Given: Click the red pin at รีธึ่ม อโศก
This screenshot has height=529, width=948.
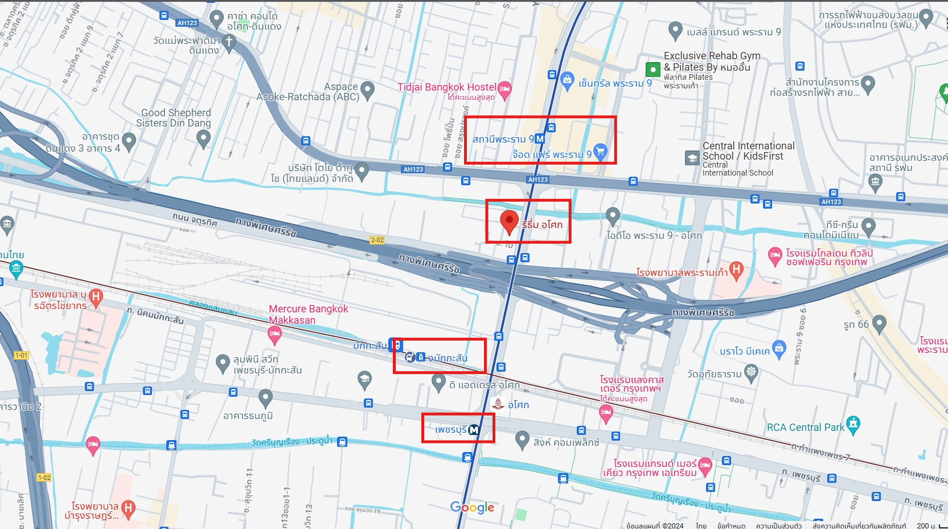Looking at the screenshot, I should (509, 221).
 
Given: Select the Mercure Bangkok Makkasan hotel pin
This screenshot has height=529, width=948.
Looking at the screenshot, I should (274, 335).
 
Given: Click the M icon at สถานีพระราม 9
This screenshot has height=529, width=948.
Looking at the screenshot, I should (540, 139).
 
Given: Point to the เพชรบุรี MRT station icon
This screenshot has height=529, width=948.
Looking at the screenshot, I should (474, 430).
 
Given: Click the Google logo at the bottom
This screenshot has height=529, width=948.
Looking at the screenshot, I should (472, 507).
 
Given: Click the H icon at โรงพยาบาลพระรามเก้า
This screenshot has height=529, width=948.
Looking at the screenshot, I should (736, 270).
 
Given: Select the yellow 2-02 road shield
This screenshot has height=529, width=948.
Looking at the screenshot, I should (377, 240).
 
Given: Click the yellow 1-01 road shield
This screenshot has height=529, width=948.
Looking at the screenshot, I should (21, 355).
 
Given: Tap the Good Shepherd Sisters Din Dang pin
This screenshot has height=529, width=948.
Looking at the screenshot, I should (203, 137).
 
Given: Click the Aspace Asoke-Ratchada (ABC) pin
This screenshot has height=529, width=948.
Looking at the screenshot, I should (368, 89).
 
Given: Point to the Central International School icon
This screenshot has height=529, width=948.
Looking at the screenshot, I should (692, 158).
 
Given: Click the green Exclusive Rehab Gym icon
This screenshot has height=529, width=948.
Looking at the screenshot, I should (652, 70).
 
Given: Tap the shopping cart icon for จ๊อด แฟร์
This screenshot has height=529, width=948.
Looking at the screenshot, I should (600, 151).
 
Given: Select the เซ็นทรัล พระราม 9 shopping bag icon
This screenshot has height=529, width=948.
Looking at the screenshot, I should (567, 80).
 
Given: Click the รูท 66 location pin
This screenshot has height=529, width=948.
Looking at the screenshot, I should (879, 323).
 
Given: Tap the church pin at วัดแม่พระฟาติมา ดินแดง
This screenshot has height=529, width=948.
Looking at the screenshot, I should (229, 42).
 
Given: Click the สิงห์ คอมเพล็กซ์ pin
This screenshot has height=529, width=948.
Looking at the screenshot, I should (522, 439).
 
